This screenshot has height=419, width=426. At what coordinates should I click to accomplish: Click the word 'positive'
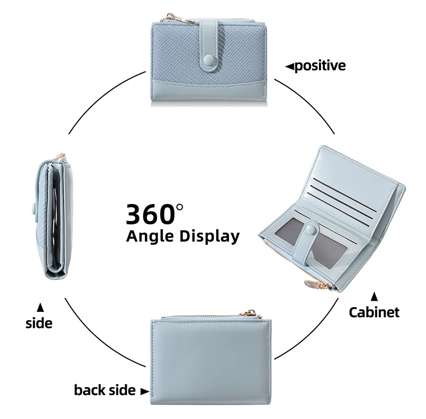320,66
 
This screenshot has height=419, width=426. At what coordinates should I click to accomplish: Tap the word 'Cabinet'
374,312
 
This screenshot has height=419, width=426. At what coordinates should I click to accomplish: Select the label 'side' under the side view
39,323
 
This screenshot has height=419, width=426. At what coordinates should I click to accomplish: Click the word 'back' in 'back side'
89,390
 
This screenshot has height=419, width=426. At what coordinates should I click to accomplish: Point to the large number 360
150,214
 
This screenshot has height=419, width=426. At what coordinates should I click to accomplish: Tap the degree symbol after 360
179,208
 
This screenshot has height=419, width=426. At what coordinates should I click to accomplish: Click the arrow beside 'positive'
290,66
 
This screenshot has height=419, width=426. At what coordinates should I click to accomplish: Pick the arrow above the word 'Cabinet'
374,296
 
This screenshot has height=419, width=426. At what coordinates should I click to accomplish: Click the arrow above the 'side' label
40,307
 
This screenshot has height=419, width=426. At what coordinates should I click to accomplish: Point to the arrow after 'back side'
145,391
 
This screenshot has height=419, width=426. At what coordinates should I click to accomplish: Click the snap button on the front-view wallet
209,60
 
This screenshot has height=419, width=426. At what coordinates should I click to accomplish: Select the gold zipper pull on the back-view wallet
251,313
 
